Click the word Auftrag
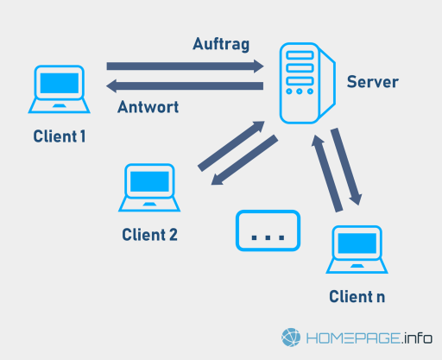point(221,45)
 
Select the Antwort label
point(148,107)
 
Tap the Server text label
point(373,82)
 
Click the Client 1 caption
point(60,136)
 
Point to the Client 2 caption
point(149,235)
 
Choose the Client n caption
point(357,296)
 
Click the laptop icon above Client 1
point(60,89)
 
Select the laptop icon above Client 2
point(149,187)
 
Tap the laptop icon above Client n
point(357,249)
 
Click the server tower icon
point(307,83)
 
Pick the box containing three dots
point(268,231)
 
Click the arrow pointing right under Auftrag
point(185,66)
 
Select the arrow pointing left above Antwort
point(185,85)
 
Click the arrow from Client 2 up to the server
point(231,146)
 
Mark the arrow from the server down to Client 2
point(244,160)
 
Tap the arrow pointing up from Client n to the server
point(327,174)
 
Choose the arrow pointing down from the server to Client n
point(346,167)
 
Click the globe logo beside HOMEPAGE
point(291,338)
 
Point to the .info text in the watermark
point(416,338)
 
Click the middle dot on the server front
point(300,92)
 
